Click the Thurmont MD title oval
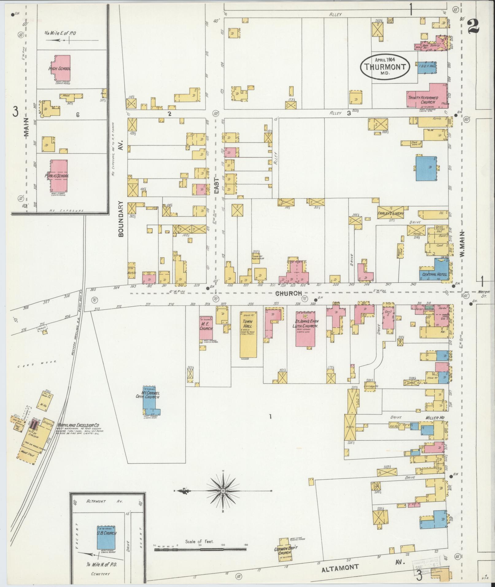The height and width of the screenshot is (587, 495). coord(385,67)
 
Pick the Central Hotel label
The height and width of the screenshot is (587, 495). coord(434,274)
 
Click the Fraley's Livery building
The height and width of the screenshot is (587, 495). coord(390,214)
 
